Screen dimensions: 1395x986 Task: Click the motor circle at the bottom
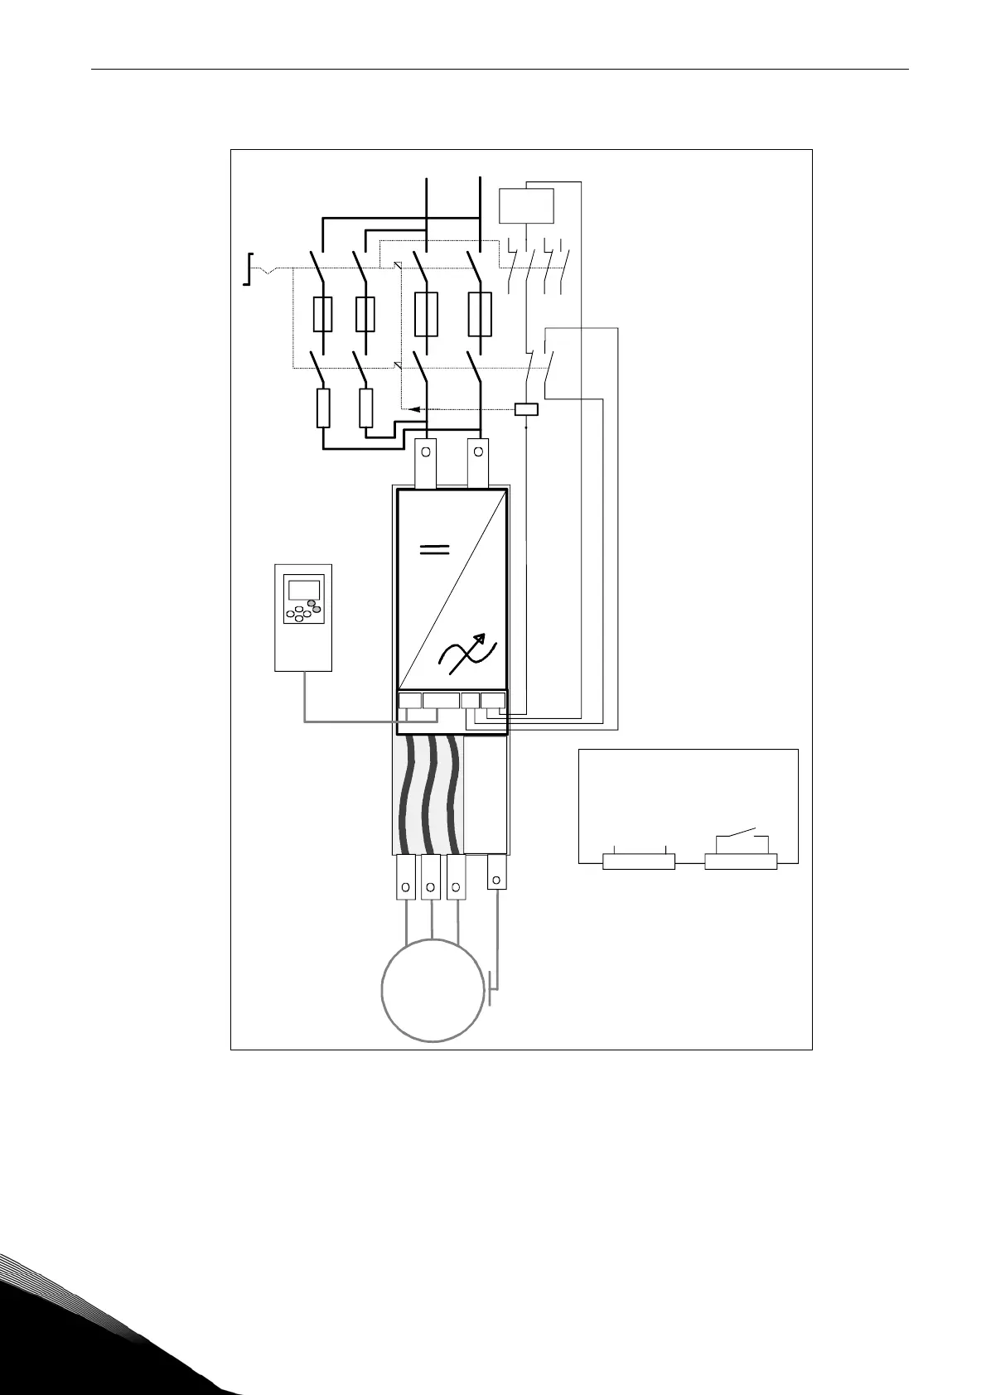point(432,990)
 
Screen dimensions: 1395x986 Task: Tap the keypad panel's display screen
point(303,590)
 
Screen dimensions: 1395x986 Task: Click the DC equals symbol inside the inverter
point(435,551)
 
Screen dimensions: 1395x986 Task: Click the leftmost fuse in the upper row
point(323,315)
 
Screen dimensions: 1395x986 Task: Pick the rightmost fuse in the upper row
point(480,314)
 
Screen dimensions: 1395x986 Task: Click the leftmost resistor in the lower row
point(323,408)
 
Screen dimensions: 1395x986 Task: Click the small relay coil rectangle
point(526,408)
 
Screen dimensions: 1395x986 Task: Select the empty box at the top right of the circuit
point(526,205)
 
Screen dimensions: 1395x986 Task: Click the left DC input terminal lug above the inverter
point(426,462)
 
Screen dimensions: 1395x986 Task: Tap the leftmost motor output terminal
point(405,877)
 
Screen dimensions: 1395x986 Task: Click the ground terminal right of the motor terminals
point(496,871)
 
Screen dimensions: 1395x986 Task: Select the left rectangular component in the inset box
point(639,862)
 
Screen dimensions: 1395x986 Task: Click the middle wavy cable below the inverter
point(429,795)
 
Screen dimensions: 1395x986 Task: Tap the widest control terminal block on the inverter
point(441,701)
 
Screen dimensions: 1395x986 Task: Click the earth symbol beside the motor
point(492,988)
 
